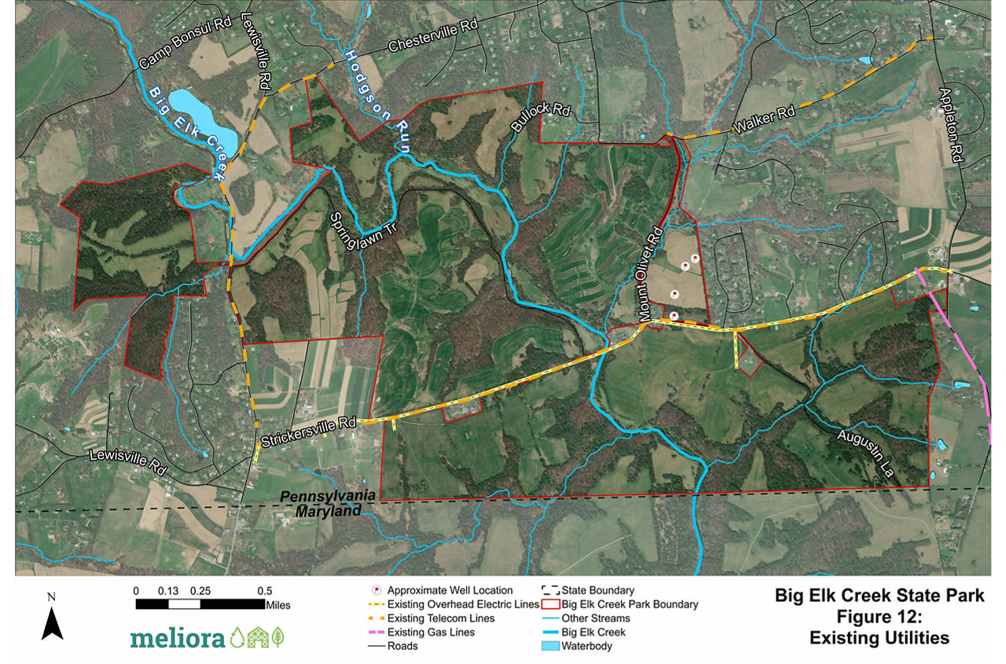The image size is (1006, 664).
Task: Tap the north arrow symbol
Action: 52,621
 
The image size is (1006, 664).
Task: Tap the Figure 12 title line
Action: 879,616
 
